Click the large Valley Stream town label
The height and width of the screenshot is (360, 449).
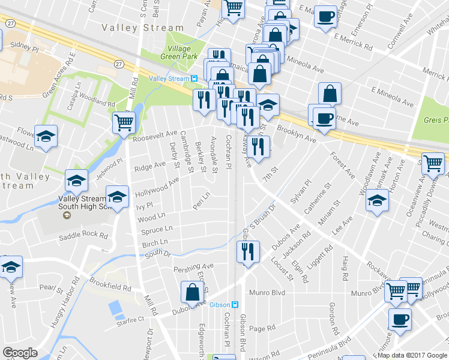142,28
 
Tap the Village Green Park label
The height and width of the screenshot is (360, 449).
178,53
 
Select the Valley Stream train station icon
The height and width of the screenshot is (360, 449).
194,79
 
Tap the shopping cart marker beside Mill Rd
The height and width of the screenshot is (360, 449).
124,122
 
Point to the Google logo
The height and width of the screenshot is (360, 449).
20,353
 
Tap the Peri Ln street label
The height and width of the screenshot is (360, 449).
200,196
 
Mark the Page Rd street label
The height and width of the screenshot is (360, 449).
262,328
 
